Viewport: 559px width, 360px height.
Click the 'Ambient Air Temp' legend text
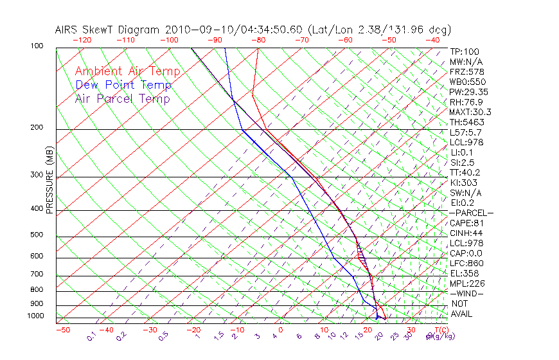pos(127,71)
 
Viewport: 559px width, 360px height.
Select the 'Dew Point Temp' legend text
pos(123,85)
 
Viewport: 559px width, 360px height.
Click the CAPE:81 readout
pos(467,223)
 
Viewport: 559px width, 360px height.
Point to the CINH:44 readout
pos(467,233)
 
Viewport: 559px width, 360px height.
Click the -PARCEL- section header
pos(471,213)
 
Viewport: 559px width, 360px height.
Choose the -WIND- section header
pos(467,293)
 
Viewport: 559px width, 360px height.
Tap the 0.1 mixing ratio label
pos(91,336)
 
